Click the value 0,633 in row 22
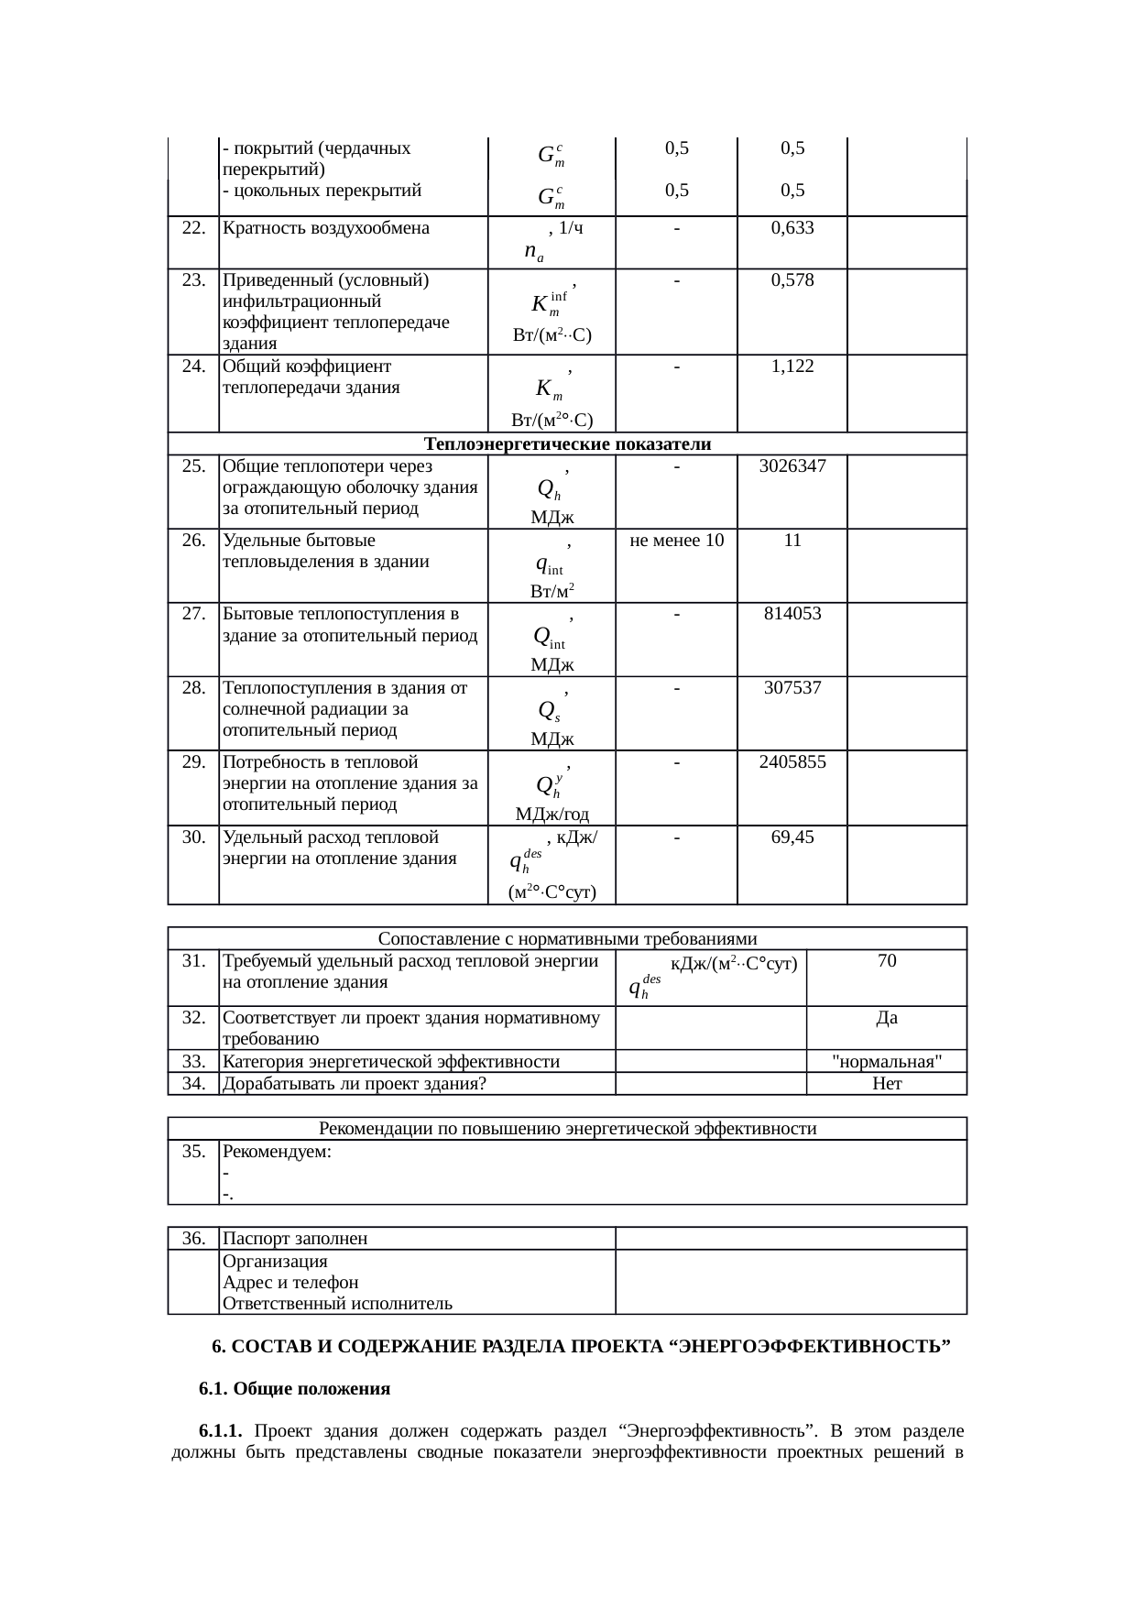(x=792, y=228)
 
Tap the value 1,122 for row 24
(x=792, y=366)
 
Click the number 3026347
(x=792, y=465)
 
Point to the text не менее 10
(x=676, y=541)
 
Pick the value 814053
(x=792, y=614)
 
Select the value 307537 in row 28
(x=792, y=687)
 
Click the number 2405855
(x=792, y=761)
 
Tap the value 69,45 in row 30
(x=792, y=837)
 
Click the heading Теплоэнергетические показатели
(x=568, y=444)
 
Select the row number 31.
(x=193, y=961)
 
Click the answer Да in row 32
(x=886, y=1017)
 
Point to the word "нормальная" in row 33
(x=886, y=1061)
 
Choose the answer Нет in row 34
(x=886, y=1084)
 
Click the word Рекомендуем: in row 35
(x=277, y=1152)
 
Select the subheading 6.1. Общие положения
(x=294, y=1389)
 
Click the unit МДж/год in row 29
(x=552, y=814)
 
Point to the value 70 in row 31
(x=886, y=961)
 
